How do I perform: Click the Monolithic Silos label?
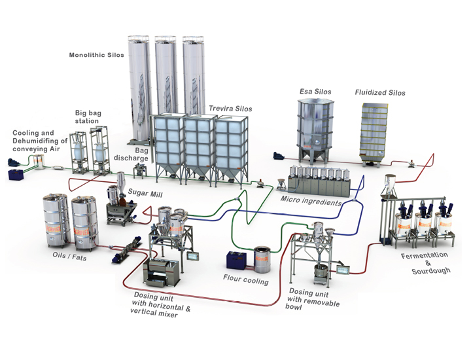pos(97,55)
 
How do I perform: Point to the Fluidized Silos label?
pos(379,93)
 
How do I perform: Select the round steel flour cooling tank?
pos(264,258)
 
